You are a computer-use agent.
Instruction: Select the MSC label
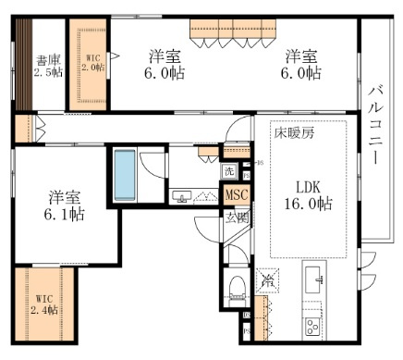236,195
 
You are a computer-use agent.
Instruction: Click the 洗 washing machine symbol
229,171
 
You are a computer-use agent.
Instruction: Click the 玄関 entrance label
236,217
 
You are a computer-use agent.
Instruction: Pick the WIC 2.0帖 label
92,62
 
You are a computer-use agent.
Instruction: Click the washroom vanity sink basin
182,196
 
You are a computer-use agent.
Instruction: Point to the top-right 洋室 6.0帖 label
302,63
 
